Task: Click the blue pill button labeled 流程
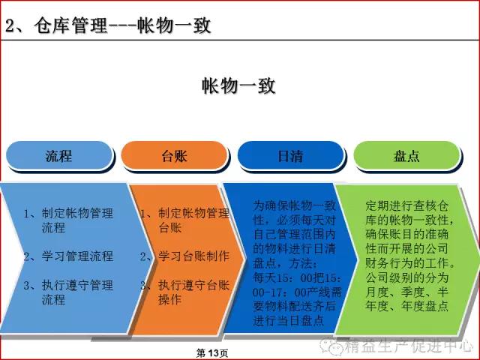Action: [x=60, y=155]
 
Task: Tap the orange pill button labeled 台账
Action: [x=175, y=155]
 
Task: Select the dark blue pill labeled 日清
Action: [x=291, y=155]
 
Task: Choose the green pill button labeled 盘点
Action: [x=406, y=155]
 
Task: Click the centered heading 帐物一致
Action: [x=238, y=85]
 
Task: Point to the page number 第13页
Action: [x=212, y=353]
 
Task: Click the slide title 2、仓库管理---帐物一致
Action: [x=108, y=25]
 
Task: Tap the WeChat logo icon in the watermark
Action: [x=331, y=345]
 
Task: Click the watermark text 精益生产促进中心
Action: [x=409, y=346]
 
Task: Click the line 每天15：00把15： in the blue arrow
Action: [x=297, y=278]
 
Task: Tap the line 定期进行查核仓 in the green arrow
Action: [x=407, y=205]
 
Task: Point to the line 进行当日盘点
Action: [x=288, y=320]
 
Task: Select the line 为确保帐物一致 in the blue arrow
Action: [x=295, y=205]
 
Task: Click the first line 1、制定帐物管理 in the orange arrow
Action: [x=185, y=213]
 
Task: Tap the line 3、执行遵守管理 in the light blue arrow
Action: [x=68, y=285]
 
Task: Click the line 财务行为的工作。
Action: [x=410, y=263]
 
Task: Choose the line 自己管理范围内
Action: [x=295, y=235]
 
